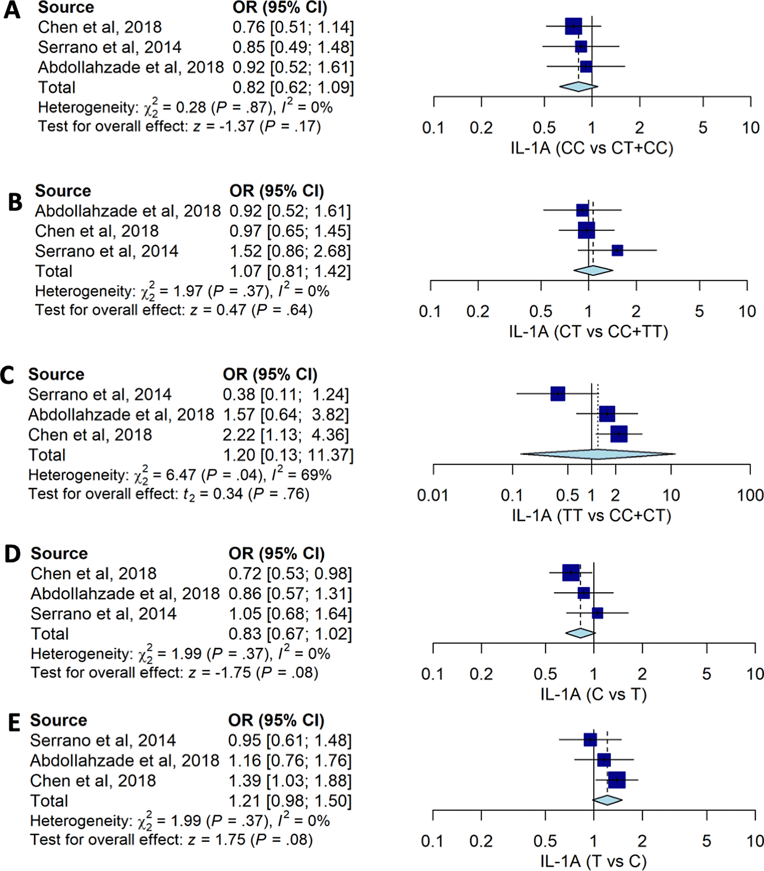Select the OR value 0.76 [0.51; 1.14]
tap(293, 27)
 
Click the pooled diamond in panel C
tap(597, 454)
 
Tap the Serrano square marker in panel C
tap(557, 393)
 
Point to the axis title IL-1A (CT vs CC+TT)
tap(588, 332)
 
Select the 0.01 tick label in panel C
tap(432, 495)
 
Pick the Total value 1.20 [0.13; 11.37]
tap(288, 455)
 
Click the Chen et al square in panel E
tap(616, 780)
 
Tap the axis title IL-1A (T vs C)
tap(593, 861)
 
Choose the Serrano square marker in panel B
tap(617, 250)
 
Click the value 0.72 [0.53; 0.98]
tap(290, 573)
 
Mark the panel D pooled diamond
tap(580, 633)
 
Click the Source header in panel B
tap(63, 191)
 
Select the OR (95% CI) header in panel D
tap(276, 553)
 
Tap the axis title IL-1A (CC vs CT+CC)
tap(592, 148)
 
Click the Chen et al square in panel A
tap(573, 26)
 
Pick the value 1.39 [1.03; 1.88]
tap(290, 781)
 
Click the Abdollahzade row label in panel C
tap(121, 414)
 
